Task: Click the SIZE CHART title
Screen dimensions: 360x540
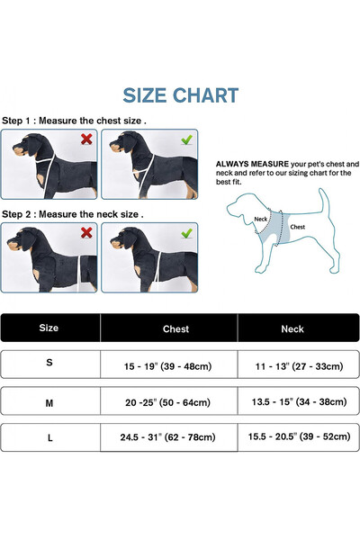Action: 181,95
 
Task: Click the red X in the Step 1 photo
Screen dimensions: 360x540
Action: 86,139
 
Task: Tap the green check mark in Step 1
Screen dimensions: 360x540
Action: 186,139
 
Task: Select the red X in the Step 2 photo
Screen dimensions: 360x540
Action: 86,233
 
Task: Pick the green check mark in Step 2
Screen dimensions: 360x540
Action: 186,233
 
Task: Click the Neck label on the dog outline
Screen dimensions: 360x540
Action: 260,219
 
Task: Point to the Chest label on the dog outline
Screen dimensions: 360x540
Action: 298,227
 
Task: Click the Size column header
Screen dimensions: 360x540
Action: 49,328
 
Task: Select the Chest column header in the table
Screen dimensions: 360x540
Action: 175,329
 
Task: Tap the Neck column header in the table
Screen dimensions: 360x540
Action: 292,329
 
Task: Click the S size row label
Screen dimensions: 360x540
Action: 49,363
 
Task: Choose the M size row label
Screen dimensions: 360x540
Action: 49,403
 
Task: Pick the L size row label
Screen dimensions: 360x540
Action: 50,438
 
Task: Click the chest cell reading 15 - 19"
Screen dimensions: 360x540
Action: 167,366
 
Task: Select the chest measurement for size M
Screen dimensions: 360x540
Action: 167,402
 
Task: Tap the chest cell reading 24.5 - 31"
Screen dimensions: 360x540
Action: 167,437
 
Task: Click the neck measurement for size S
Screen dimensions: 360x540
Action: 299,366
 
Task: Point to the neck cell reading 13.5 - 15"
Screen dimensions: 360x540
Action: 299,401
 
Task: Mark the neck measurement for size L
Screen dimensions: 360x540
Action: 299,436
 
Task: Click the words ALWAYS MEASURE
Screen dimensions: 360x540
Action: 252,165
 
